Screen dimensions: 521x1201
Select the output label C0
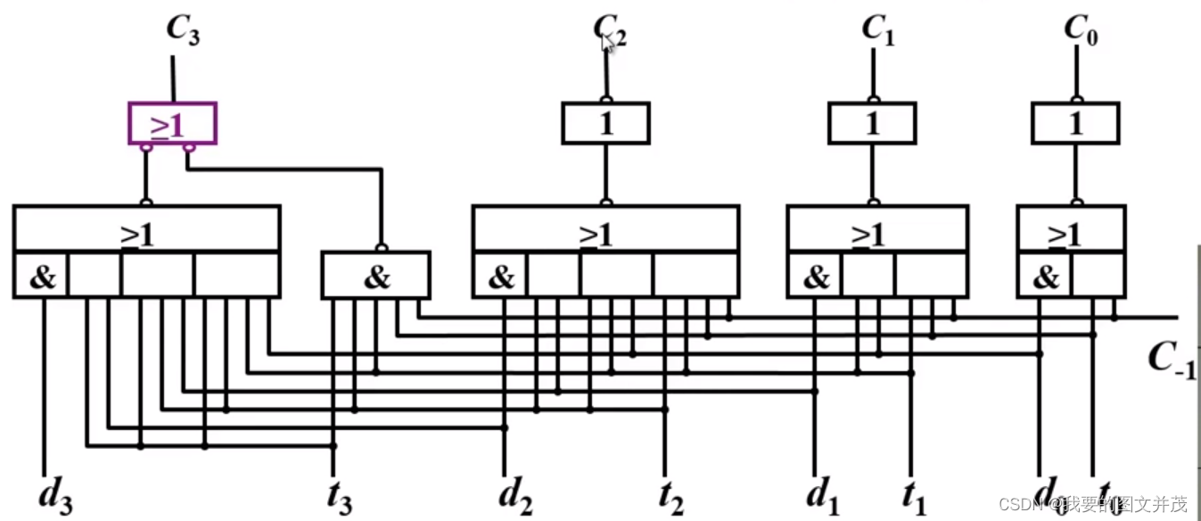pos(1080,29)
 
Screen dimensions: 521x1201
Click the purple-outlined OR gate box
pos(172,123)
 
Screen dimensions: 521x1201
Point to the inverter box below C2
pos(605,123)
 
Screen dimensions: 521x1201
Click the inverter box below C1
pos(872,123)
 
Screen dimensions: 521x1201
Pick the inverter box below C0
pos(1075,123)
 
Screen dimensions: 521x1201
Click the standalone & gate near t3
pos(375,276)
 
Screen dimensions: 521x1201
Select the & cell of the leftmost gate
pos(42,277)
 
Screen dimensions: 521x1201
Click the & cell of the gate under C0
pos(1044,277)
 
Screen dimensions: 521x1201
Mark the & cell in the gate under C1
pos(815,277)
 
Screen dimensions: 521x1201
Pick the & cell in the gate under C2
pos(500,277)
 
